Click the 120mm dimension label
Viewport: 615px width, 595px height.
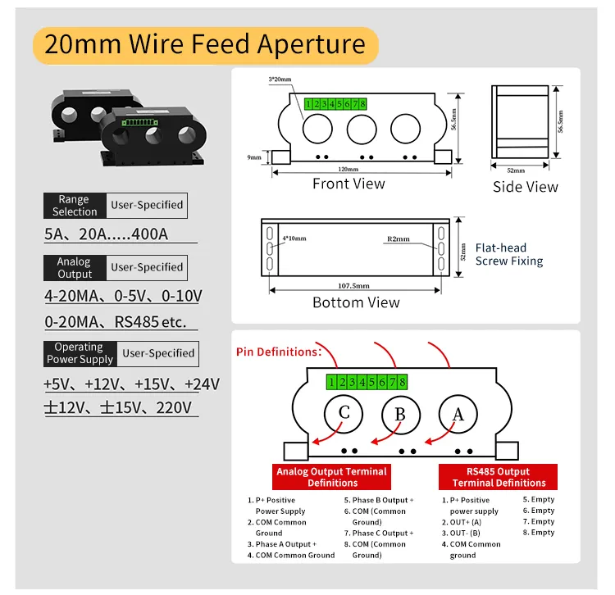[x=348, y=170]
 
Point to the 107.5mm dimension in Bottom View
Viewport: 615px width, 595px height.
[x=353, y=286]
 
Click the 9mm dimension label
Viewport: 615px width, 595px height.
[x=253, y=157]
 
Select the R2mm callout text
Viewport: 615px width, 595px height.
[x=399, y=238]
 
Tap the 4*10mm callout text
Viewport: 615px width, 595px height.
[x=294, y=238]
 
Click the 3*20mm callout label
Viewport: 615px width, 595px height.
[x=280, y=79]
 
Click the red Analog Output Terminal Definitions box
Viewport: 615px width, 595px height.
[x=331, y=477]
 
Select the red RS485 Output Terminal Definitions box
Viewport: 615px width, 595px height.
[x=498, y=477]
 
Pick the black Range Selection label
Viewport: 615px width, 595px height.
[x=75, y=206]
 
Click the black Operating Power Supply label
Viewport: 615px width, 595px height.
[x=80, y=353]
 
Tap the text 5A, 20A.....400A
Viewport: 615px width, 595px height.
[x=107, y=234]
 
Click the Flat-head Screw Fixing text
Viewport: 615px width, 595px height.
[x=509, y=254]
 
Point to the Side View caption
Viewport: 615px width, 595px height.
[x=525, y=187]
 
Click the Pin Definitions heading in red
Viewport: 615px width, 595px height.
[x=279, y=352]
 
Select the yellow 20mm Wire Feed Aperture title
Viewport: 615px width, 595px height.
[x=206, y=45]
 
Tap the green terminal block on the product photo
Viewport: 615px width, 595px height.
[x=140, y=123]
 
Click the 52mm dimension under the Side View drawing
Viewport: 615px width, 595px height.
[x=516, y=170]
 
